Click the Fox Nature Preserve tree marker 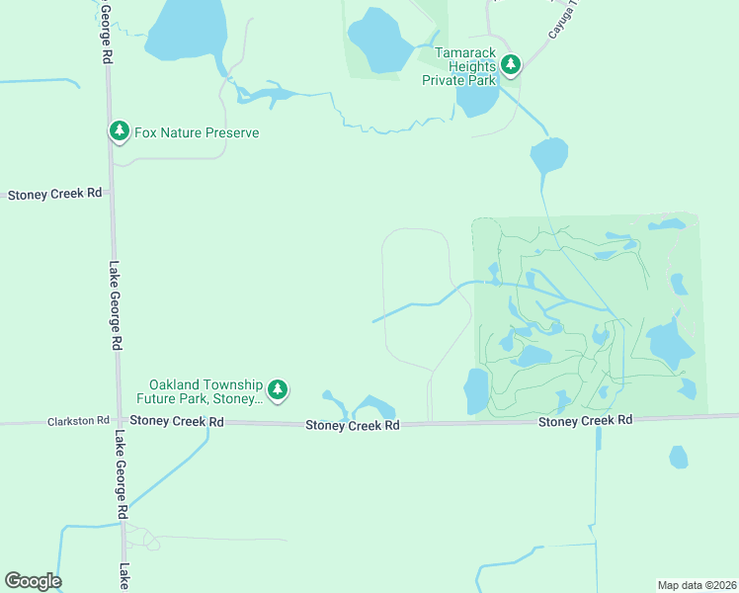[x=120, y=130]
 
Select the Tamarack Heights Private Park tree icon [x=511, y=65]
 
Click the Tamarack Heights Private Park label [x=457, y=65]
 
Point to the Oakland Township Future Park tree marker [x=279, y=390]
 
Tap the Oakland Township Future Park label [x=205, y=391]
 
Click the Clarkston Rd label [x=78, y=421]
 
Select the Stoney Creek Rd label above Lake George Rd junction [x=177, y=421]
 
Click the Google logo [x=33, y=581]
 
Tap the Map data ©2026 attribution [x=697, y=585]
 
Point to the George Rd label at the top [x=103, y=32]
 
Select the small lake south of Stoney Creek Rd [x=678, y=457]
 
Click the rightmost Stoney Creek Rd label [x=585, y=421]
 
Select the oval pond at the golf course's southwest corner [x=476, y=391]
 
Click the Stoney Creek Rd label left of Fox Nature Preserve [x=55, y=195]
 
